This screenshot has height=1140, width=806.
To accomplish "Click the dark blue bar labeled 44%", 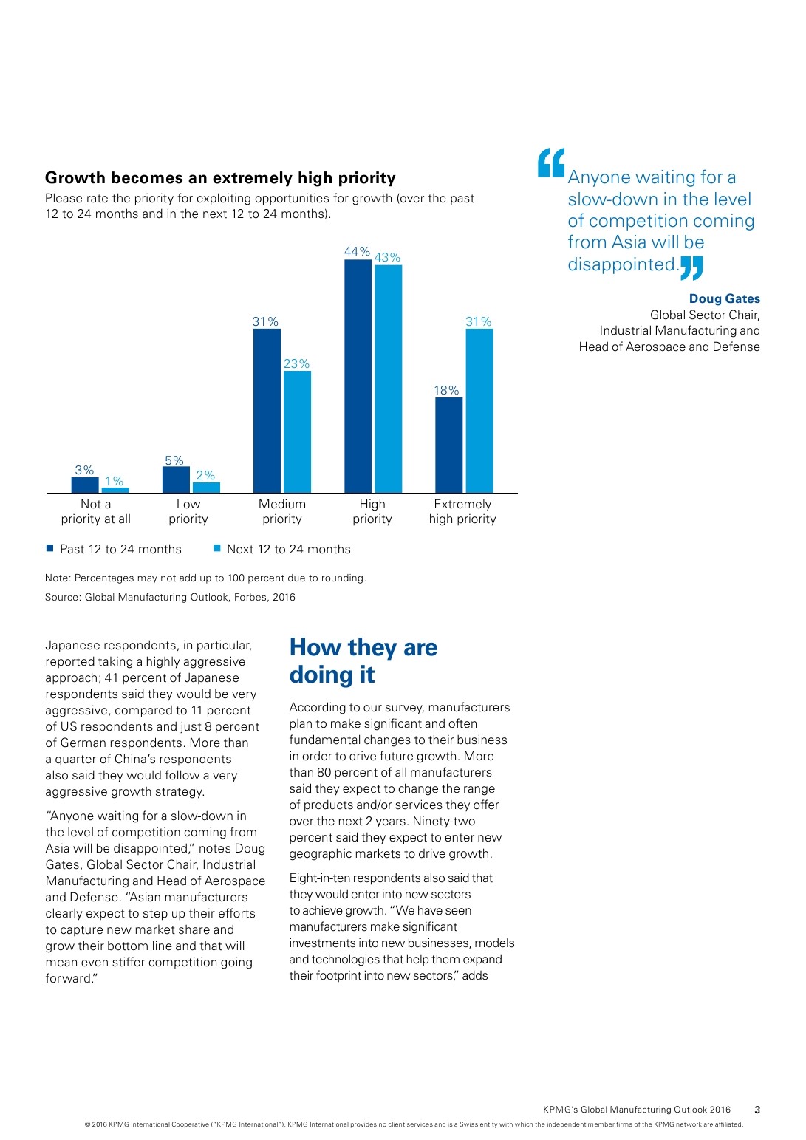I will (358, 376).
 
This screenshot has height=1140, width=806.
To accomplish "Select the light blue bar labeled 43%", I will (388, 378).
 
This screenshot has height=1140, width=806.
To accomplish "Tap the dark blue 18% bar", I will (448, 445).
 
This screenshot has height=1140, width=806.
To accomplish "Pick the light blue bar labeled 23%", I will (297, 431).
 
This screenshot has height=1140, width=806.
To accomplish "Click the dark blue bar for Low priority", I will (176, 479).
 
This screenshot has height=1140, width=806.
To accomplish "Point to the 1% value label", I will (115, 481).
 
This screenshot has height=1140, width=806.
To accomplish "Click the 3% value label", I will (84, 470).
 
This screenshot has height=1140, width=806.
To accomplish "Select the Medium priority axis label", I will (282, 511).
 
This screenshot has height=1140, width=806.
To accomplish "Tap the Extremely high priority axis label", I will (462, 511).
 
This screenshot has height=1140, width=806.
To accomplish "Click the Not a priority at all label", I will (96, 511).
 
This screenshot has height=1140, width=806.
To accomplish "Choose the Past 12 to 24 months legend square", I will (50, 548).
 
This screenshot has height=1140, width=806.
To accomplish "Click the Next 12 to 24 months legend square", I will (217, 548).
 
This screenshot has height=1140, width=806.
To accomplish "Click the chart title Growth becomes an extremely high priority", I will (220, 178).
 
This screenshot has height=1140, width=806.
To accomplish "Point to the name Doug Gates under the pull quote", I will (724, 298).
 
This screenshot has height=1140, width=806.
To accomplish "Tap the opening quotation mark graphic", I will (551, 163).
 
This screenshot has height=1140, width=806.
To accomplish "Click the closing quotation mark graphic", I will (691, 267).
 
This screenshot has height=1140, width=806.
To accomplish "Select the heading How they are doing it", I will (363, 661).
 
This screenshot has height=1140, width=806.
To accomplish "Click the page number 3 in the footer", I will (757, 1109).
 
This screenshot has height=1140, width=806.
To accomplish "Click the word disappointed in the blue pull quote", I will (623, 264).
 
